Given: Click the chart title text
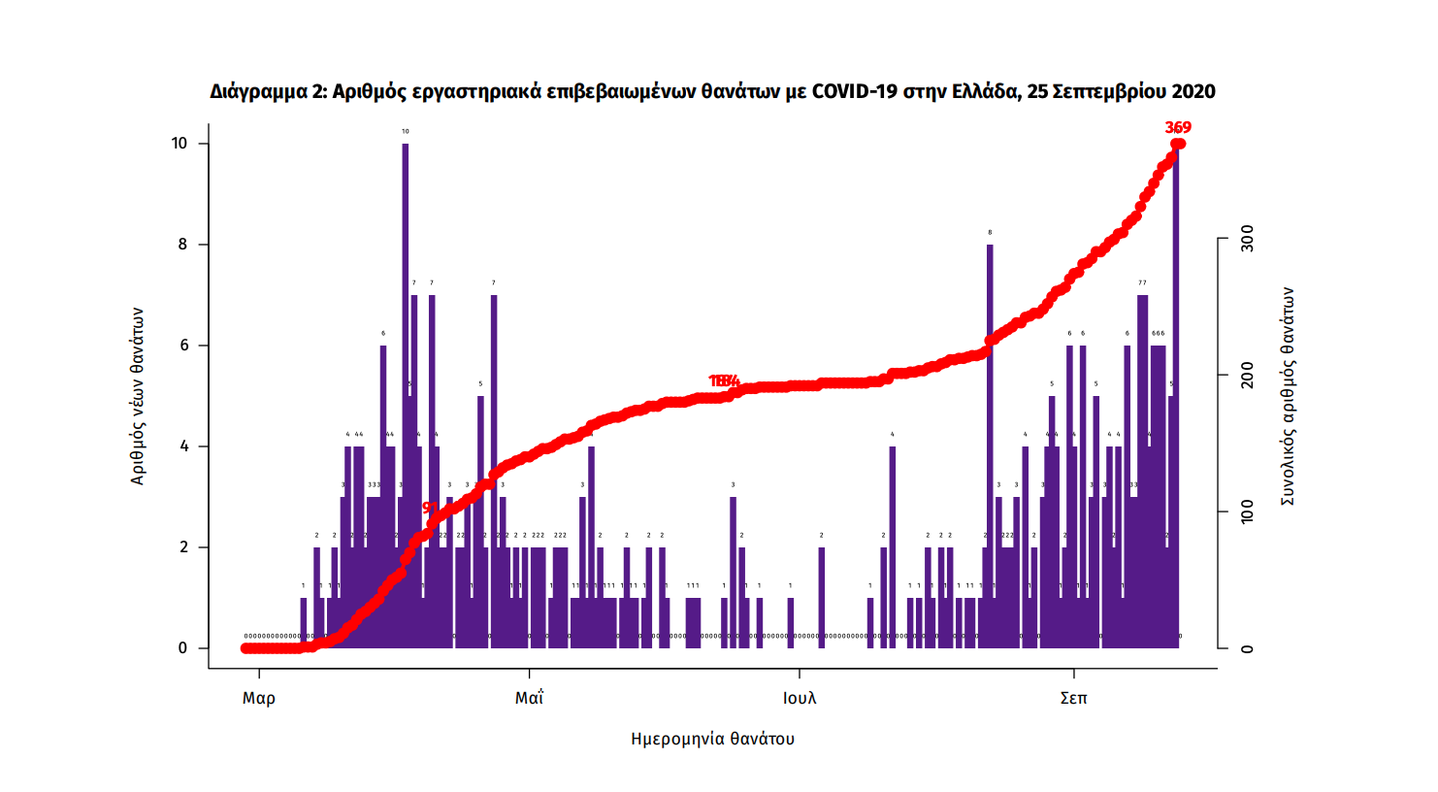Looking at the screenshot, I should [x=712, y=91].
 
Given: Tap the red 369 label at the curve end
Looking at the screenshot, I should [x=1178, y=128].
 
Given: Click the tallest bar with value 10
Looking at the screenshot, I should [x=406, y=388].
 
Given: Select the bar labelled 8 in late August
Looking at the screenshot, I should [x=990, y=437].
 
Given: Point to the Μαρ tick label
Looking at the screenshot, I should [x=259, y=698].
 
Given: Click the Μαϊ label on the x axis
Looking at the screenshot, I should [x=529, y=698].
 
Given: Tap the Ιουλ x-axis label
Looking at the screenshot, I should [x=800, y=698].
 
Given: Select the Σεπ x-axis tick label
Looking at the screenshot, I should [x=1073, y=698].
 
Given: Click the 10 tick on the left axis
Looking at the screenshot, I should [x=180, y=144].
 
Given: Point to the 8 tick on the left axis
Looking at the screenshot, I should [x=182, y=245].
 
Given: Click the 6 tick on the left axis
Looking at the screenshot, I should [x=182, y=346].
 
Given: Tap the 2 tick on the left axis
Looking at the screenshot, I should [x=182, y=547].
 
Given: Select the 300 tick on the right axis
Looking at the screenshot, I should [x=1247, y=239].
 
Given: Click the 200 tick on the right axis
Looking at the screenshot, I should [x=1247, y=376].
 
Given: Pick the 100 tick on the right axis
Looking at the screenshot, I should [x=1247, y=512].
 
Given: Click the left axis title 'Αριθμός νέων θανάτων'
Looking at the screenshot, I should [x=137, y=396].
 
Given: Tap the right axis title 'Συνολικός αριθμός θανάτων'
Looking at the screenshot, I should [x=1288, y=396].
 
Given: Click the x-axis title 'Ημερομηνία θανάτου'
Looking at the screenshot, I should [x=712, y=739].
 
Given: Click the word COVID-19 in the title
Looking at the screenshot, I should [x=855, y=91].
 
